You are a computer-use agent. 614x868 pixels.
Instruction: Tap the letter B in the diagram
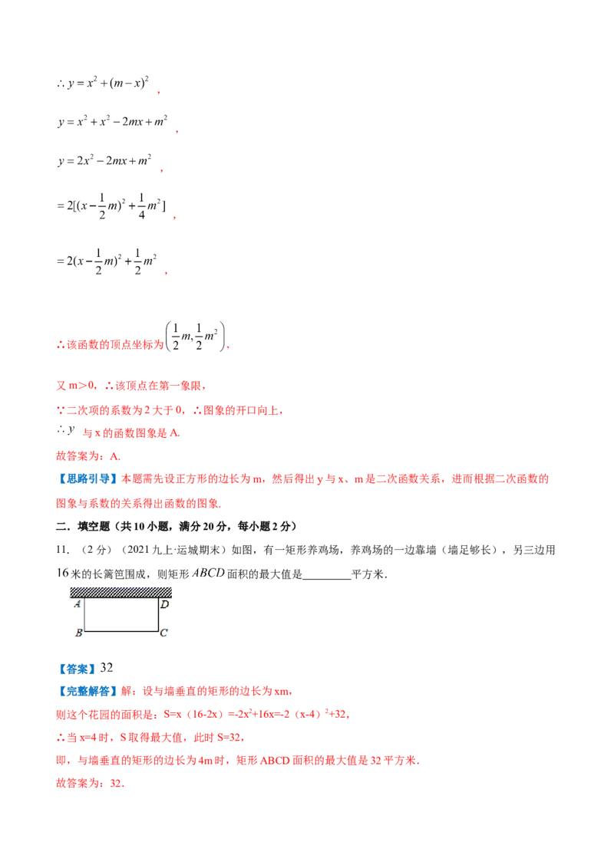point(78,633)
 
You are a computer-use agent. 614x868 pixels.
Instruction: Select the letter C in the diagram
point(163,633)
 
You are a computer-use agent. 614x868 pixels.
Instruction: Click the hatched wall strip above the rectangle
point(120,590)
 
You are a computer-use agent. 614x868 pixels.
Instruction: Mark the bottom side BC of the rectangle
point(120,631)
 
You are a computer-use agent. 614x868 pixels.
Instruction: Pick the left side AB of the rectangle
point(84,615)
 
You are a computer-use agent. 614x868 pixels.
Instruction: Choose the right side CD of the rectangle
point(158,615)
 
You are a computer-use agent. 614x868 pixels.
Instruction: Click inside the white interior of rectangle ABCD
point(121,615)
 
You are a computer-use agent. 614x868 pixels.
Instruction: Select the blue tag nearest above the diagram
point(87,479)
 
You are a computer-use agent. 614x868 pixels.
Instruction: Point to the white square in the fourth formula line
point(132,201)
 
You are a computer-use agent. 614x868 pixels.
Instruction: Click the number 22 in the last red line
point(115,785)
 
